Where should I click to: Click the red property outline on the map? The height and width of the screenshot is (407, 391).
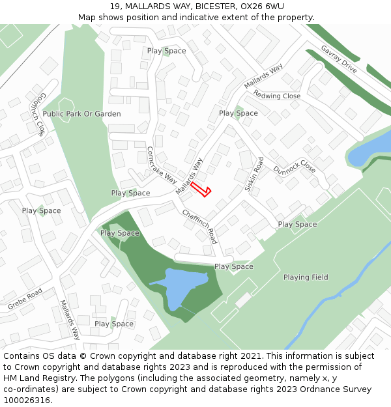tap(201, 189)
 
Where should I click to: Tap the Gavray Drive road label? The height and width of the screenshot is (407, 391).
tap(339, 59)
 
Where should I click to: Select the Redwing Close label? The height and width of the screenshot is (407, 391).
tap(277, 96)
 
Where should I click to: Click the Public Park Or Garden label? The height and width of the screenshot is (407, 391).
tap(81, 114)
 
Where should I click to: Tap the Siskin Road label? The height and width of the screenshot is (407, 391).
tap(253, 174)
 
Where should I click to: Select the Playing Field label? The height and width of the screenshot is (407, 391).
tap(306, 277)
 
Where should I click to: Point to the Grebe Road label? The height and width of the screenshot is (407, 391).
tap(25, 298)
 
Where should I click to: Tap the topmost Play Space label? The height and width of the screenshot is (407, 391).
tap(166, 51)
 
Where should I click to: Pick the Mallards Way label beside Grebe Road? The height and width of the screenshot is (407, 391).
tap(70, 320)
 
